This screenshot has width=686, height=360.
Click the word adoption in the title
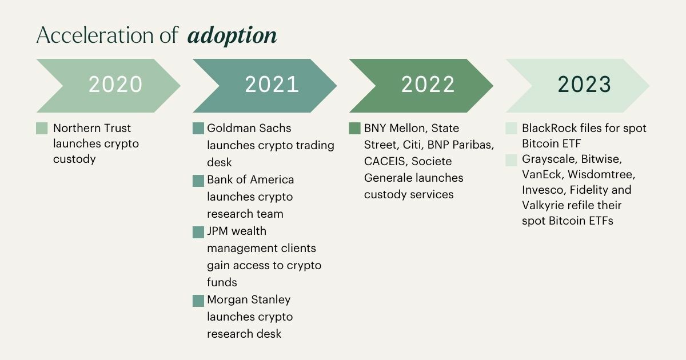click(232, 36)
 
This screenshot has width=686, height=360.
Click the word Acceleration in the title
click(95, 35)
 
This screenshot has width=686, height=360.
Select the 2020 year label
click(115, 84)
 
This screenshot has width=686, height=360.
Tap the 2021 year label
click(272, 84)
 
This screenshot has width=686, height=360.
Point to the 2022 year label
click(428, 84)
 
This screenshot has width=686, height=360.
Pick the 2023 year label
click(584, 84)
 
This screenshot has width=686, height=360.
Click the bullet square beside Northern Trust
click(42, 128)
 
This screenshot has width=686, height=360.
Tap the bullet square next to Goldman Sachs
click(198, 128)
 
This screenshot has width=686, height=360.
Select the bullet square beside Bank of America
click(198, 181)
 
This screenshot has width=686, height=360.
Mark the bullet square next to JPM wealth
click(198, 232)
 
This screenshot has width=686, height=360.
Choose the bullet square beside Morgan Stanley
click(198, 301)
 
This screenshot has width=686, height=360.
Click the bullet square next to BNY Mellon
click(354, 128)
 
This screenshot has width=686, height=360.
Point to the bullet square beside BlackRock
click(511, 128)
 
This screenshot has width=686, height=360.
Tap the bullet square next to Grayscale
click(511, 160)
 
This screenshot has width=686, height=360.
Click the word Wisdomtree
click(601, 174)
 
